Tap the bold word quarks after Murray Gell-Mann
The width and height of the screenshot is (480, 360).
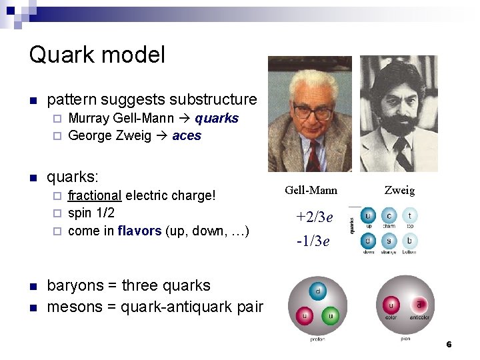coord(217,119)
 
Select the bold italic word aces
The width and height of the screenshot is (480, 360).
coord(187,136)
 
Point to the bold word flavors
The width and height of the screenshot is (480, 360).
coord(139,231)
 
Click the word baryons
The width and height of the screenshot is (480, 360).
coord(75,286)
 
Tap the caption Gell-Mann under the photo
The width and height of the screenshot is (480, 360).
coord(311,191)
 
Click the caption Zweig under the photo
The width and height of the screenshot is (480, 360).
coord(399,191)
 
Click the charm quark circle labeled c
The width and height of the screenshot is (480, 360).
coord(389,215)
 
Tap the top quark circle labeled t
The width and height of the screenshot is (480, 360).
coord(409,215)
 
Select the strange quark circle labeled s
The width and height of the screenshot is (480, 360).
coord(389,240)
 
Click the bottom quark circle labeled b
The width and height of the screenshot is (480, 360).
coord(409,240)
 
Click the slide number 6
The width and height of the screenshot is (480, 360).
coord(449,345)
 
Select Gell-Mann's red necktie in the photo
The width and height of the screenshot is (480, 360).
coord(313,157)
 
